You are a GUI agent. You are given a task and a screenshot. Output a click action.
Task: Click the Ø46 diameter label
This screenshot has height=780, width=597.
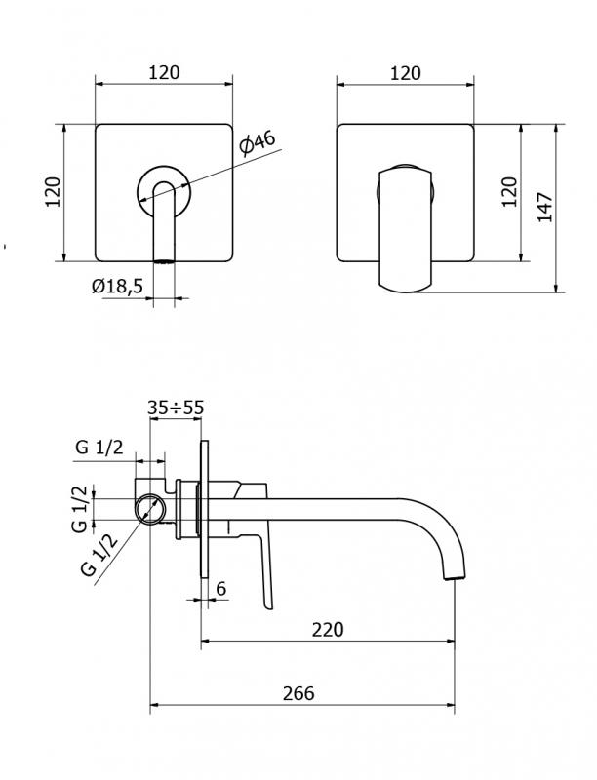257,143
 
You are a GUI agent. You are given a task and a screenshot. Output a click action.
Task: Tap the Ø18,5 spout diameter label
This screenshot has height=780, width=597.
117,286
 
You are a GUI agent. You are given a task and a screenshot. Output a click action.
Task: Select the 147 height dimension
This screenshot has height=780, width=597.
545,207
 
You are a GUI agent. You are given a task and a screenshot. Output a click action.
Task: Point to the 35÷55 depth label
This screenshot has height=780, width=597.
176,408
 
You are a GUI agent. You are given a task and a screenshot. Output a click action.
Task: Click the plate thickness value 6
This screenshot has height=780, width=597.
221,589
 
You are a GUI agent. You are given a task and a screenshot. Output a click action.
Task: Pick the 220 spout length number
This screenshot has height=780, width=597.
328,630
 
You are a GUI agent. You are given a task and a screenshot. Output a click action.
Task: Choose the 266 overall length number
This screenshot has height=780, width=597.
298,693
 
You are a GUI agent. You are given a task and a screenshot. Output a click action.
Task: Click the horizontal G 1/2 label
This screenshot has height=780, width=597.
99,448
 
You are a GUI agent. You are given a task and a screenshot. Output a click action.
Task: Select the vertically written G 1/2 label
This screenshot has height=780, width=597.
80,509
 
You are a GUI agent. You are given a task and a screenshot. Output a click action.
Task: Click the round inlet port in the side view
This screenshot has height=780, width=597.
150,509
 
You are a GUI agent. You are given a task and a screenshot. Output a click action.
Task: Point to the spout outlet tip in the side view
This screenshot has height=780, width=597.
456,577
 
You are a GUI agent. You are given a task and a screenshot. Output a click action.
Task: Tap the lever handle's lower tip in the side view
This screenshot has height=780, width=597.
268,604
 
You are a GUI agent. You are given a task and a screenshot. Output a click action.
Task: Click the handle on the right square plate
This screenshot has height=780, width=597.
406,230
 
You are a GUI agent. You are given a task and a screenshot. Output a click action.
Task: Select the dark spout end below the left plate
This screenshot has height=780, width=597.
164,261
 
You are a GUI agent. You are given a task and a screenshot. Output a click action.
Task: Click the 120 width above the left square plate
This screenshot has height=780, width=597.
164,72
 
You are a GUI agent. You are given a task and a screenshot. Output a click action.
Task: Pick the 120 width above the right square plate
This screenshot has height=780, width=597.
406,74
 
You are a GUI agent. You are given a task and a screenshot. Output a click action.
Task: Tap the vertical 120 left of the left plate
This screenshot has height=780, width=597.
54,192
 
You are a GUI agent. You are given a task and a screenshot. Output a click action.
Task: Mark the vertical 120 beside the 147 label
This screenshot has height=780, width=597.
509,192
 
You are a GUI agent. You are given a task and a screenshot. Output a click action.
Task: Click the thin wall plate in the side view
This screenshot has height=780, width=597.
205,509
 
